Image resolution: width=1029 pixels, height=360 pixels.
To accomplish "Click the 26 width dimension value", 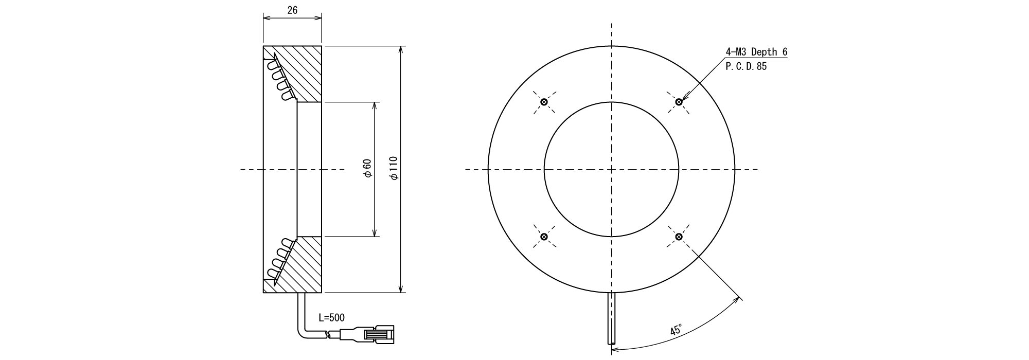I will point(292,10).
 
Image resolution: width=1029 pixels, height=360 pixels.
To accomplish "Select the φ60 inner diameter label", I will point(367,169).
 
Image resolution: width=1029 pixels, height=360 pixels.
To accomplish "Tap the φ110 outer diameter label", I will point(395,169).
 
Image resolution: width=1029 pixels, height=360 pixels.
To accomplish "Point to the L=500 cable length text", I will point(332,318).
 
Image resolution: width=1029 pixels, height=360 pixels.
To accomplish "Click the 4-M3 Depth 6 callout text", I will point(756,52).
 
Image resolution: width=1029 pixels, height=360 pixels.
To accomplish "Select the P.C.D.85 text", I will point(746,66).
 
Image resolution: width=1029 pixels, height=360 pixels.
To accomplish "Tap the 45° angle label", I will point(676,330).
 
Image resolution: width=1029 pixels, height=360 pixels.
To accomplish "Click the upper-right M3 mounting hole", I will point(679,102).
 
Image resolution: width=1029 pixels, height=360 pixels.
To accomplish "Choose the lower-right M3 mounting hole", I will point(679,237).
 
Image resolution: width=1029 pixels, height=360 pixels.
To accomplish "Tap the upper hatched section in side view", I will point(304,72).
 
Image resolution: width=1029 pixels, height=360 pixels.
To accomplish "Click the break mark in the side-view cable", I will point(328,335).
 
